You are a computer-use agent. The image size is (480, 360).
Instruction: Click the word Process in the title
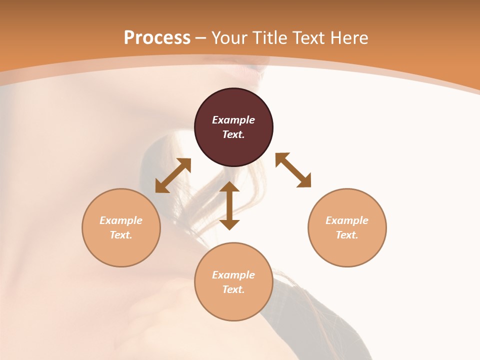(x=157, y=38)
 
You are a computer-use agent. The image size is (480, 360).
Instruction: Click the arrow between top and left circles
(x=173, y=175)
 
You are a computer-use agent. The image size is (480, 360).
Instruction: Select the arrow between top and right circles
(x=293, y=170)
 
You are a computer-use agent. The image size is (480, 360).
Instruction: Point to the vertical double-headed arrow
(x=229, y=205)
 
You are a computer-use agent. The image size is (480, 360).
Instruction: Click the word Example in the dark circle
(x=233, y=120)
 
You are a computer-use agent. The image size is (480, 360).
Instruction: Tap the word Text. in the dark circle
(x=233, y=134)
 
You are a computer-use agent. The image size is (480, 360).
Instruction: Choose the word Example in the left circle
(x=121, y=220)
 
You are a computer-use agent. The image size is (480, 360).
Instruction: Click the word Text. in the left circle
(x=121, y=235)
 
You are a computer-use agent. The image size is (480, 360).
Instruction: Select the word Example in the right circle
(x=347, y=220)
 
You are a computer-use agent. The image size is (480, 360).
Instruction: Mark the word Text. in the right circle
(x=347, y=235)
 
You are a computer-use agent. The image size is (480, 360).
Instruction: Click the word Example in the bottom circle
(x=233, y=275)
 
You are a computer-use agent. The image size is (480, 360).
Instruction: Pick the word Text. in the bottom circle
(x=233, y=289)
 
